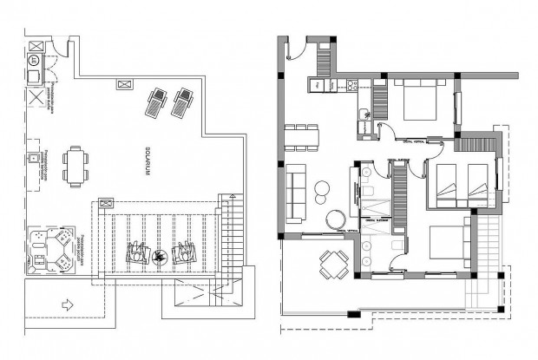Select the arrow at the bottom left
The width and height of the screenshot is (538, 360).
pos(68,304)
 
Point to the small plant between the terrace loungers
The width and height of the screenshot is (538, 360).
pos(160,255)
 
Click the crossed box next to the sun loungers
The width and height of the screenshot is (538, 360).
pos(123,84)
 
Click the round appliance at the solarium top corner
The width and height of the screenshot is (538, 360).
pos(35,60)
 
